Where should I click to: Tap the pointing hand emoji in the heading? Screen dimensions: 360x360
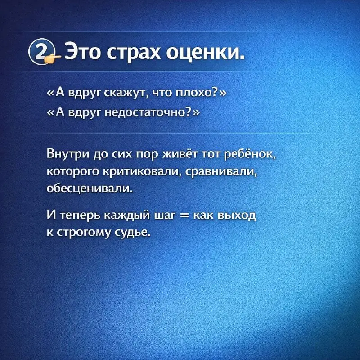54,57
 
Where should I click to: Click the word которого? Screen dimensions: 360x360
70,171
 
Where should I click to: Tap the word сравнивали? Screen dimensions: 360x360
217,171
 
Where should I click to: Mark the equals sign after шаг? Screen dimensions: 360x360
182,216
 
